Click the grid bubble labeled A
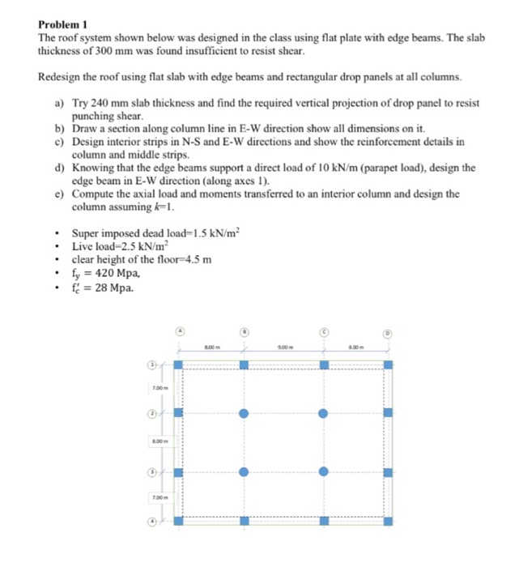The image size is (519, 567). (x=180, y=330)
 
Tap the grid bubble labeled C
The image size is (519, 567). (x=323, y=330)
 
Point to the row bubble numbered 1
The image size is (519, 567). (x=151, y=365)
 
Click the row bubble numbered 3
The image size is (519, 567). (x=151, y=472)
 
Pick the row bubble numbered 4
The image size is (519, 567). (x=151, y=522)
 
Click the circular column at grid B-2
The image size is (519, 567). (x=245, y=414)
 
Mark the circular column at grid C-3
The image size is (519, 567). (x=323, y=471)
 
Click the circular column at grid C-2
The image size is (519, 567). (x=323, y=414)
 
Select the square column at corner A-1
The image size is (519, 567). (x=179, y=365)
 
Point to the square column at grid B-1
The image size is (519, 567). (x=245, y=365)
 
